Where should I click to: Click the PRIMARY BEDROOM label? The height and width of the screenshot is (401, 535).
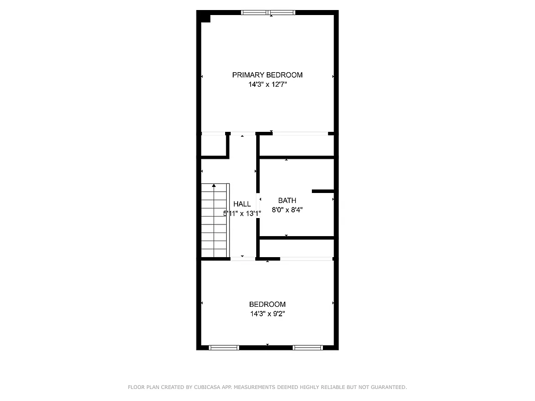[267, 75]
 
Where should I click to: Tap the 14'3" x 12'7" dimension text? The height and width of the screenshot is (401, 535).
[267, 85]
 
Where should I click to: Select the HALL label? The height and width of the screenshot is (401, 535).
[242, 204]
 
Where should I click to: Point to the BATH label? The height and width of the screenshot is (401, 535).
[287, 200]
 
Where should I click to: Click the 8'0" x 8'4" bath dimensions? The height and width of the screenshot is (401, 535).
[287, 210]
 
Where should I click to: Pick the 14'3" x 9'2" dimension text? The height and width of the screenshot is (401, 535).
[267, 314]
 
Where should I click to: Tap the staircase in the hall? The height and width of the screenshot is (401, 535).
[215, 221]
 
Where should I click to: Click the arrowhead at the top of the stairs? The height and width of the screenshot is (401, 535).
[214, 186]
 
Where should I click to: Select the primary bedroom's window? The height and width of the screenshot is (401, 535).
[268, 13]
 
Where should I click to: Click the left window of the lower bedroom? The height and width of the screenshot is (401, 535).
[224, 347]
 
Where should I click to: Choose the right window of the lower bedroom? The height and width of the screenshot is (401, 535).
[307, 347]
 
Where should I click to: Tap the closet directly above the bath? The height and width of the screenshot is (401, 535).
[296, 145]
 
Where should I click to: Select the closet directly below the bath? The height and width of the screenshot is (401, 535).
[296, 248]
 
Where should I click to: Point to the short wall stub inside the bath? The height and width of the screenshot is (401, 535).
[322, 191]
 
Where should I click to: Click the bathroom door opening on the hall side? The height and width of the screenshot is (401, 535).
[259, 203]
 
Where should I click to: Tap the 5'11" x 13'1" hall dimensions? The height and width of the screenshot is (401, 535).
[242, 214]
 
